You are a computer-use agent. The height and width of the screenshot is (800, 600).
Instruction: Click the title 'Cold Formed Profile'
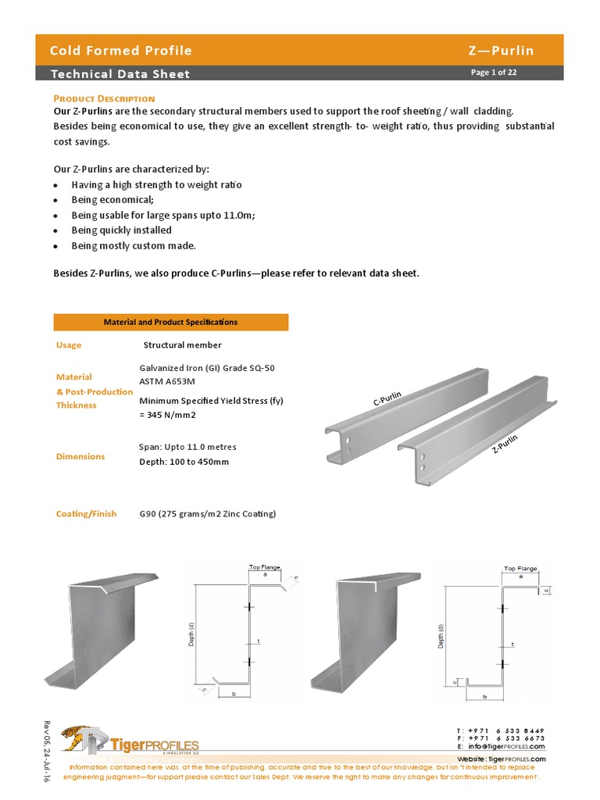(x=120, y=51)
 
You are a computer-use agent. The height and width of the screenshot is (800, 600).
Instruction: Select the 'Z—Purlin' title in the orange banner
(x=501, y=51)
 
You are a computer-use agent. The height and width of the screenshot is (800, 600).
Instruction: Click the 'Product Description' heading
(x=104, y=98)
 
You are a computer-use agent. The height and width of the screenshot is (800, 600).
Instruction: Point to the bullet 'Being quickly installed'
(x=121, y=230)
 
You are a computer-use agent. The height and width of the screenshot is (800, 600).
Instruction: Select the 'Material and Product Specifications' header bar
(x=170, y=322)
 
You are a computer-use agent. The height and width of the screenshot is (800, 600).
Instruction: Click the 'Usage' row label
(x=69, y=345)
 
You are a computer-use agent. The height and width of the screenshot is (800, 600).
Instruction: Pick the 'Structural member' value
(x=182, y=345)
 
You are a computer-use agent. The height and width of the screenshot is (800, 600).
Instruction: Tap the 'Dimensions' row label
(x=80, y=456)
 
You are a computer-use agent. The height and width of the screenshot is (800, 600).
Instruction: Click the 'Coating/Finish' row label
(x=86, y=513)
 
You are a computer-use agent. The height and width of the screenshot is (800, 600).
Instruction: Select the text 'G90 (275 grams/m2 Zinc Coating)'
(x=207, y=513)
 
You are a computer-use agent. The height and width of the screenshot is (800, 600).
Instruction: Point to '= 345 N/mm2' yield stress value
(x=167, y=415)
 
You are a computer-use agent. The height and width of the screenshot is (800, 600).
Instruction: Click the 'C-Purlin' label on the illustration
(x=387, y=399)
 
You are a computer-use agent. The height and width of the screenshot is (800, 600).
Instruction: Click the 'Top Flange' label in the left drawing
(x=264, y=567)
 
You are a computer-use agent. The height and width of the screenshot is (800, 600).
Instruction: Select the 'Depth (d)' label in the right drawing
(x=441, y=636)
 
